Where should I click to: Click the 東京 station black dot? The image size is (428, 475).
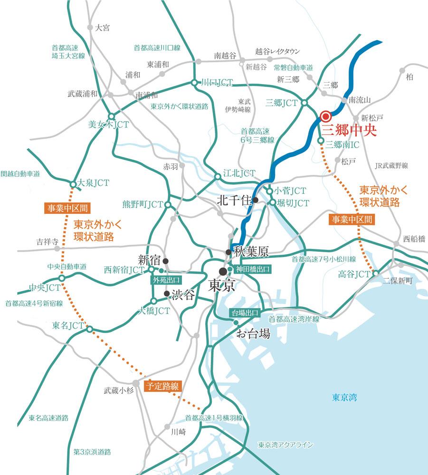click(x=223, y=271)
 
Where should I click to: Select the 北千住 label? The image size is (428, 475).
click(x=233, y=200)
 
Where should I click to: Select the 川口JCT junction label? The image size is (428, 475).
click(x=217, y=83)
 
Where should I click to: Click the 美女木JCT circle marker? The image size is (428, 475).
click(x=112, y=116)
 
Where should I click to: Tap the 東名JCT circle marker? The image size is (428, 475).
click(x=89, y=328)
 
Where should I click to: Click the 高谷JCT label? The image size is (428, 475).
click(x=354, y=274)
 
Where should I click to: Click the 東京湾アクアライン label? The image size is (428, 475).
click(x=285, y=445)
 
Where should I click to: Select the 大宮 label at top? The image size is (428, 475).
click(x=102, y=28)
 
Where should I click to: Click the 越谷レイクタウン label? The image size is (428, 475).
click(x=278, y=51)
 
